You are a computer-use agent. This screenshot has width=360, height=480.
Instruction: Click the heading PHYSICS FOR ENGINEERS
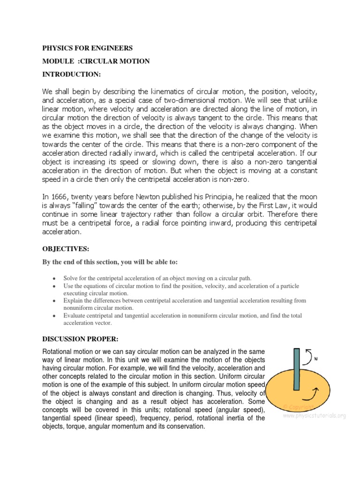pyautogui.click(x=88, y=48)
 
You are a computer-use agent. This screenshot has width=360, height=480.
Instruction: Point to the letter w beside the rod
pyautogui.click(x=316, y=359)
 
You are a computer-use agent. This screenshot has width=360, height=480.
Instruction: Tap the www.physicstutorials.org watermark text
pyautogui.click(x=314, y=415)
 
